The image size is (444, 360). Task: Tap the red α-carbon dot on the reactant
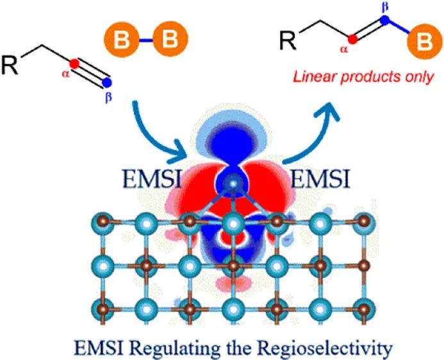tap(74, 63)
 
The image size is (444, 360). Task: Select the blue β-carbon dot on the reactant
tap(107, 83)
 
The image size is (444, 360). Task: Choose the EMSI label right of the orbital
tap(320, 177)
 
